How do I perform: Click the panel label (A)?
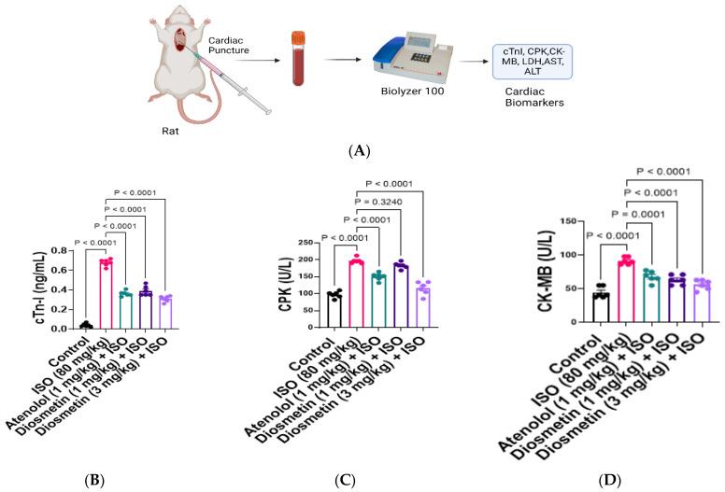361,148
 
